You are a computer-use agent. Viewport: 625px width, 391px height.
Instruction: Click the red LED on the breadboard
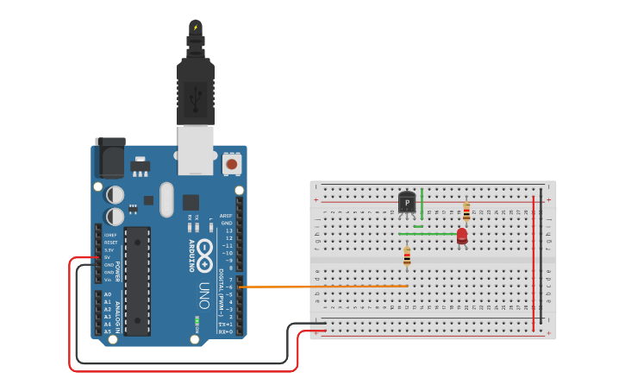pos(462,236)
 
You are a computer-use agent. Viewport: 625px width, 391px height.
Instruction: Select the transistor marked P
pos(407,203)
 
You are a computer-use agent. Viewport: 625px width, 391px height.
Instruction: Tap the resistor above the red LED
pos(466,212)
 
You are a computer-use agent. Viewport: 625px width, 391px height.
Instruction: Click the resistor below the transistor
pos(407,257)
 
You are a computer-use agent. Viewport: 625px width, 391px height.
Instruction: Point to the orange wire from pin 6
pos(328,286)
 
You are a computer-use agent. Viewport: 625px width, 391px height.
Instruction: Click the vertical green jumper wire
pos(422,207)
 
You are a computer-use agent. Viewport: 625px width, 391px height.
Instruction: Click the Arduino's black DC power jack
pos(109,158)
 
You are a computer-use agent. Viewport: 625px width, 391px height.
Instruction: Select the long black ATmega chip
pos(137,281)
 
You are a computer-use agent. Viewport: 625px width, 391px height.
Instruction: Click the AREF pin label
pos(226,216)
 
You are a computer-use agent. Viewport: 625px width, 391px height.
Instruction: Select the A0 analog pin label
pos(108,294)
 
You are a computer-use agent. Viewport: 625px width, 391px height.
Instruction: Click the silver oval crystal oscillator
pos(166,199)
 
